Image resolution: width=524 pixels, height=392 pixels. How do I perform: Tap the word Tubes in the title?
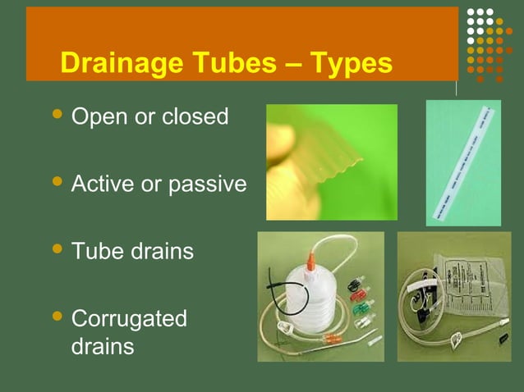click(228, 63)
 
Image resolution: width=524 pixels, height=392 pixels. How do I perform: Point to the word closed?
click(195, 117)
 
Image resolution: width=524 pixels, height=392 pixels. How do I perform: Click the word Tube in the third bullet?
click(95, 251)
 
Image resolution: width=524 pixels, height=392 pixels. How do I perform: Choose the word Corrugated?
click(129, 318)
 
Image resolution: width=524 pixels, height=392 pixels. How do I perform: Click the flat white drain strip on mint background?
click(463, 163)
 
